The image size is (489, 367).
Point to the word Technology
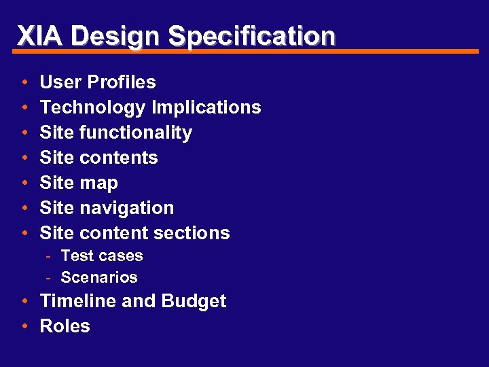(x=92, y=107)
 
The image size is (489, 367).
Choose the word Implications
(x=206, y=107)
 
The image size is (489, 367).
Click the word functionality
(x=135, y=133)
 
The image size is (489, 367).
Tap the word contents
(x=118, y=158)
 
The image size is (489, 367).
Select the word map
(x=98, y=183)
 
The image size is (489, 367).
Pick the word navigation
(x=126, y=208)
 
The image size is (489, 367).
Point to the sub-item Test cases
(x=102, y=256)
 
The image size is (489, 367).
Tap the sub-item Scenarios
(x=99, y=277)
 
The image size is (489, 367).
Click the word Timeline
(x=78, y=301)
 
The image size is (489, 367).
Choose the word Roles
(x=65, y=326)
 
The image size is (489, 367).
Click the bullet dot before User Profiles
(x=24, y=83)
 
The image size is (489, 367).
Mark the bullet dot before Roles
(x=24, y=327)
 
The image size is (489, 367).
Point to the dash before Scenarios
(x=50, y=277)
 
